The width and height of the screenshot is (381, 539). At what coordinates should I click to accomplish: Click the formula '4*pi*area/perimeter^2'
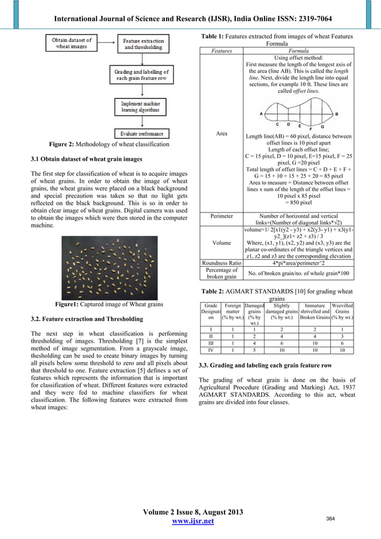[x=298, y=262]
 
